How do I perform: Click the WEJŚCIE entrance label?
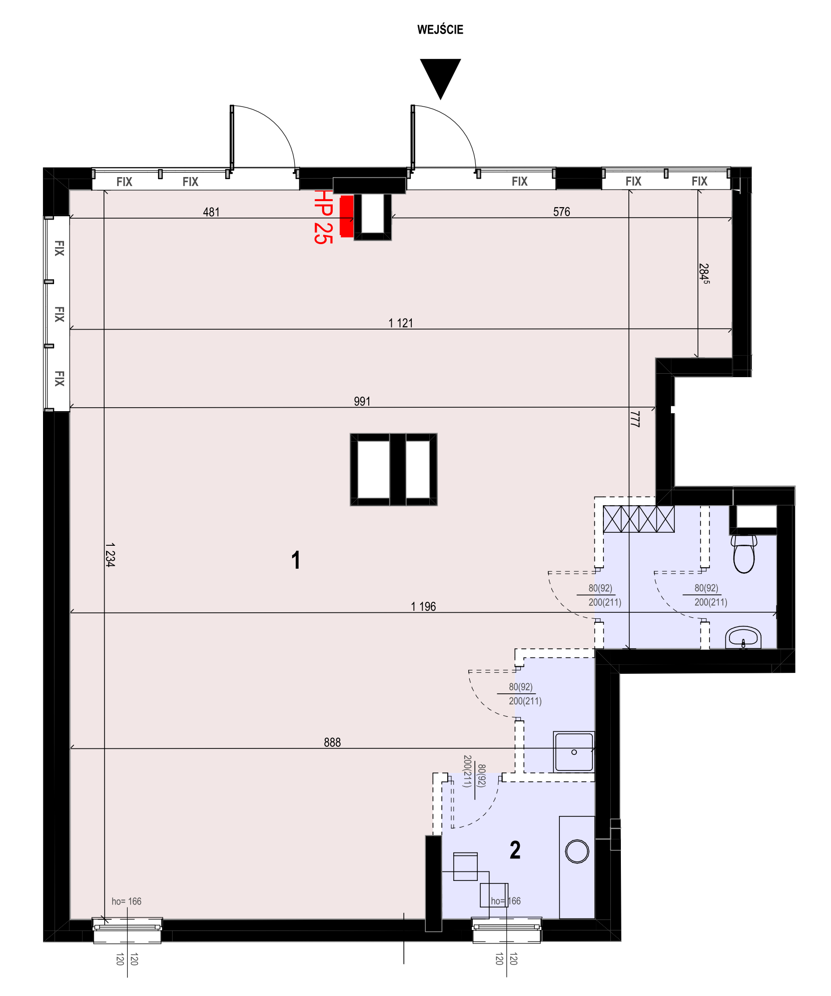coord(440,30)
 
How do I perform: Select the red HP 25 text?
coord(323,217)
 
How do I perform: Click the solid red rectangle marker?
coord(347,216)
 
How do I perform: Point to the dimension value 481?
coord(211,212)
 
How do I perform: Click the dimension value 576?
coord(561,212)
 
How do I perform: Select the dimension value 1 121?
coord(401,323)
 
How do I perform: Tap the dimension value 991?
coord(362,401)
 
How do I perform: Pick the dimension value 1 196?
coord(423,606)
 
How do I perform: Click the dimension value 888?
coord(332,742)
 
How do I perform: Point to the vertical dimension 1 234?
coord(111,555)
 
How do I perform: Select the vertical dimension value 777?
coord(635,419)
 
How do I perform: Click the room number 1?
coord(296,560)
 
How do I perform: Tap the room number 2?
coord(515,850)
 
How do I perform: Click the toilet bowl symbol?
coord(744,554)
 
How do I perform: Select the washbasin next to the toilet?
coord(743,637)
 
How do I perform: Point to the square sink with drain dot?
coord(574,751)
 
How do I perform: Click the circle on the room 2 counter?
coord(577,851)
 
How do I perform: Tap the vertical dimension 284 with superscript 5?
coord(704,274)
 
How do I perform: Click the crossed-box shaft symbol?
coord(639,519)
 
